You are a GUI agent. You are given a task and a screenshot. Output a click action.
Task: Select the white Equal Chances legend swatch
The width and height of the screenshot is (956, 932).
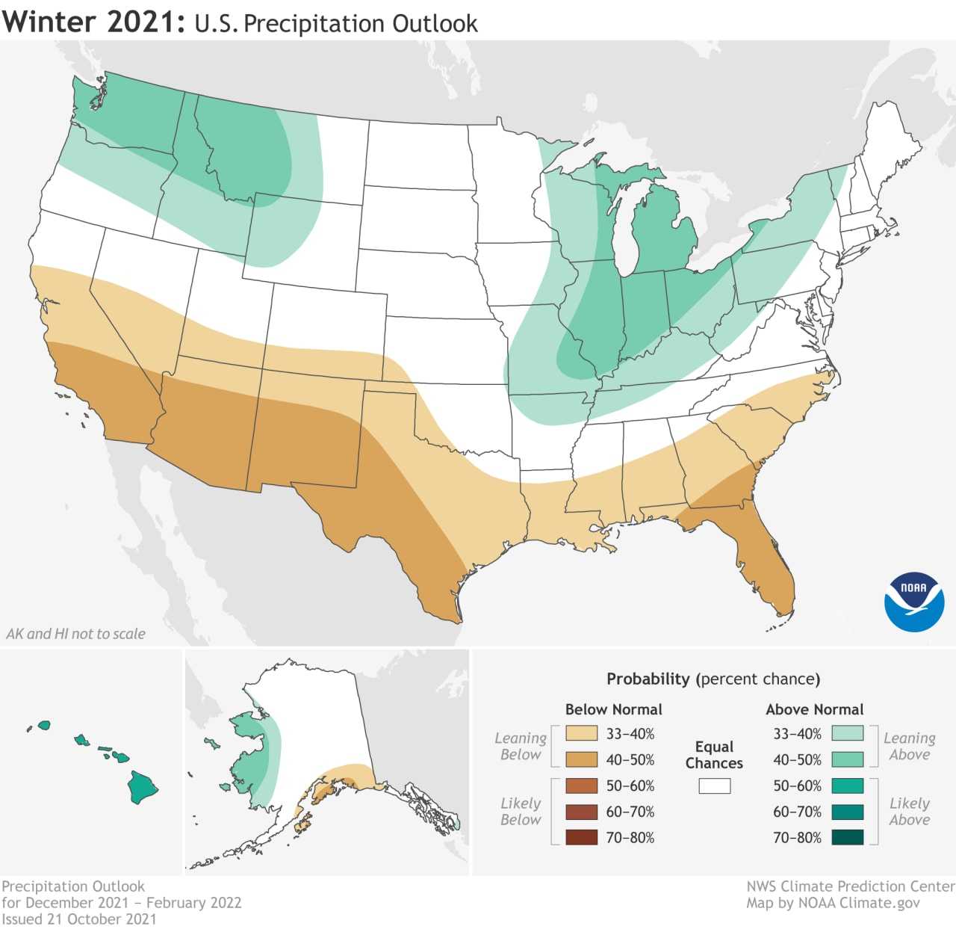714,786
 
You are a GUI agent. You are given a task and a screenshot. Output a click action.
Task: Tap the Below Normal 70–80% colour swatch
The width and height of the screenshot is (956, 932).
582,837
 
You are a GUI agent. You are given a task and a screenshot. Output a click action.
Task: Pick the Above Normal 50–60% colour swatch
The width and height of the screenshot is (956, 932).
847,786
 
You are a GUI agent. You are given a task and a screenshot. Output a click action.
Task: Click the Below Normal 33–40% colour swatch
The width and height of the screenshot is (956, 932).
582,733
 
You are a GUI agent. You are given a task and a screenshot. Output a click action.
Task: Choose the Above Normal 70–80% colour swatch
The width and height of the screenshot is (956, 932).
847,837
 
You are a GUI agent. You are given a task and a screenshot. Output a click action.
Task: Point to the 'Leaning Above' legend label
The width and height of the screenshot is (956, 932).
909,746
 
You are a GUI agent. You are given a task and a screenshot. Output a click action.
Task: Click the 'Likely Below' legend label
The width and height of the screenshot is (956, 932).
521,811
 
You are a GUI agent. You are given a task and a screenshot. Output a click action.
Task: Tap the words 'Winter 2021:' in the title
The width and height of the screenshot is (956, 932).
93,22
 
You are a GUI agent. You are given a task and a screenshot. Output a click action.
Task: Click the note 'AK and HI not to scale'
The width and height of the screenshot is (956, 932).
75,634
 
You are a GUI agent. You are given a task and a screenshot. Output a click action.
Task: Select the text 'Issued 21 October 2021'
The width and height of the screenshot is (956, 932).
79,919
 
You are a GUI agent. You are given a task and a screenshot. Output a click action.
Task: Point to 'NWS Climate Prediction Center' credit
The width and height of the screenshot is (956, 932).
850,886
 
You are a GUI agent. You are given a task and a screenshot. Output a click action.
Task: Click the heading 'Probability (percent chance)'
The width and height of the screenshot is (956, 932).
713,679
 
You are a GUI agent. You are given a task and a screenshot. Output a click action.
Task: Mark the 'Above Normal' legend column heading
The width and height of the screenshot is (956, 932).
814,709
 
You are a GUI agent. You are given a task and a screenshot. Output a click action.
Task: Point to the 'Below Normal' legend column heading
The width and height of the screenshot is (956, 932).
613,709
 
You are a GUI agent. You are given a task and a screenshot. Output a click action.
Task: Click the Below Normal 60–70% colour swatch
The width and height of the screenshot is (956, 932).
582,812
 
